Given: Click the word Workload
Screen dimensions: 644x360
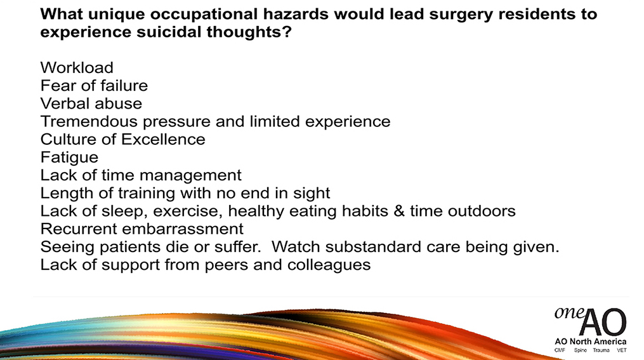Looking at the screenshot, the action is [77, 67].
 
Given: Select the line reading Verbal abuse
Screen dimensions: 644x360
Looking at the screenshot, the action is [91, 103].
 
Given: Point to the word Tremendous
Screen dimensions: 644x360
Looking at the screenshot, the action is [89, 121].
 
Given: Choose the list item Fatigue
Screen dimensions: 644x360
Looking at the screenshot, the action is [69, 158].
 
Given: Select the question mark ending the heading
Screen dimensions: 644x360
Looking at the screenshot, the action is [287, 32].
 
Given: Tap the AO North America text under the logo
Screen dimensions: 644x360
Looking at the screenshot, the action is [591, 342].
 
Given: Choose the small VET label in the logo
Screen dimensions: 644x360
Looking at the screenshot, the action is [622, 350].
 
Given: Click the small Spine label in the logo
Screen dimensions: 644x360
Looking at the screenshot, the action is [581, 350].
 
